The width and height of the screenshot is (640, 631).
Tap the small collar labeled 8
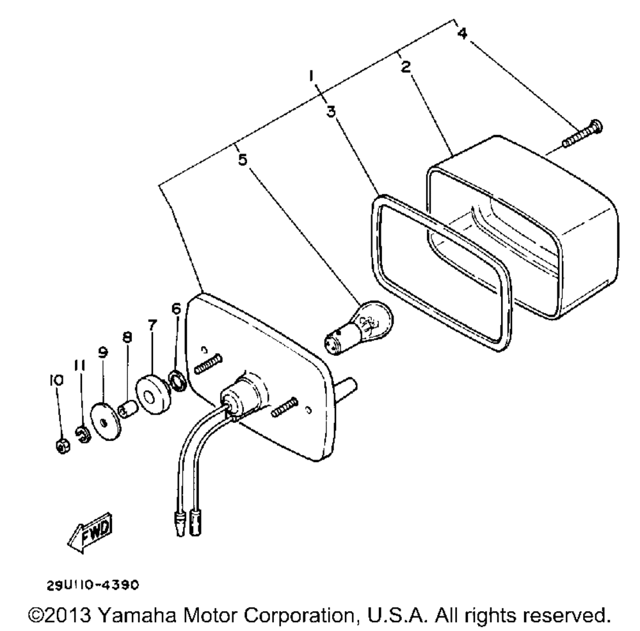[128, 408]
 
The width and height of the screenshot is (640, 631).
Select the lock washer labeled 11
[81, 435]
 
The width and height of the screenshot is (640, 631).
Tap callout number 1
[311, 77]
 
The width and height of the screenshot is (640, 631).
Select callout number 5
[242, 159]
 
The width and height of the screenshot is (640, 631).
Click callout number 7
[151, 326]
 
